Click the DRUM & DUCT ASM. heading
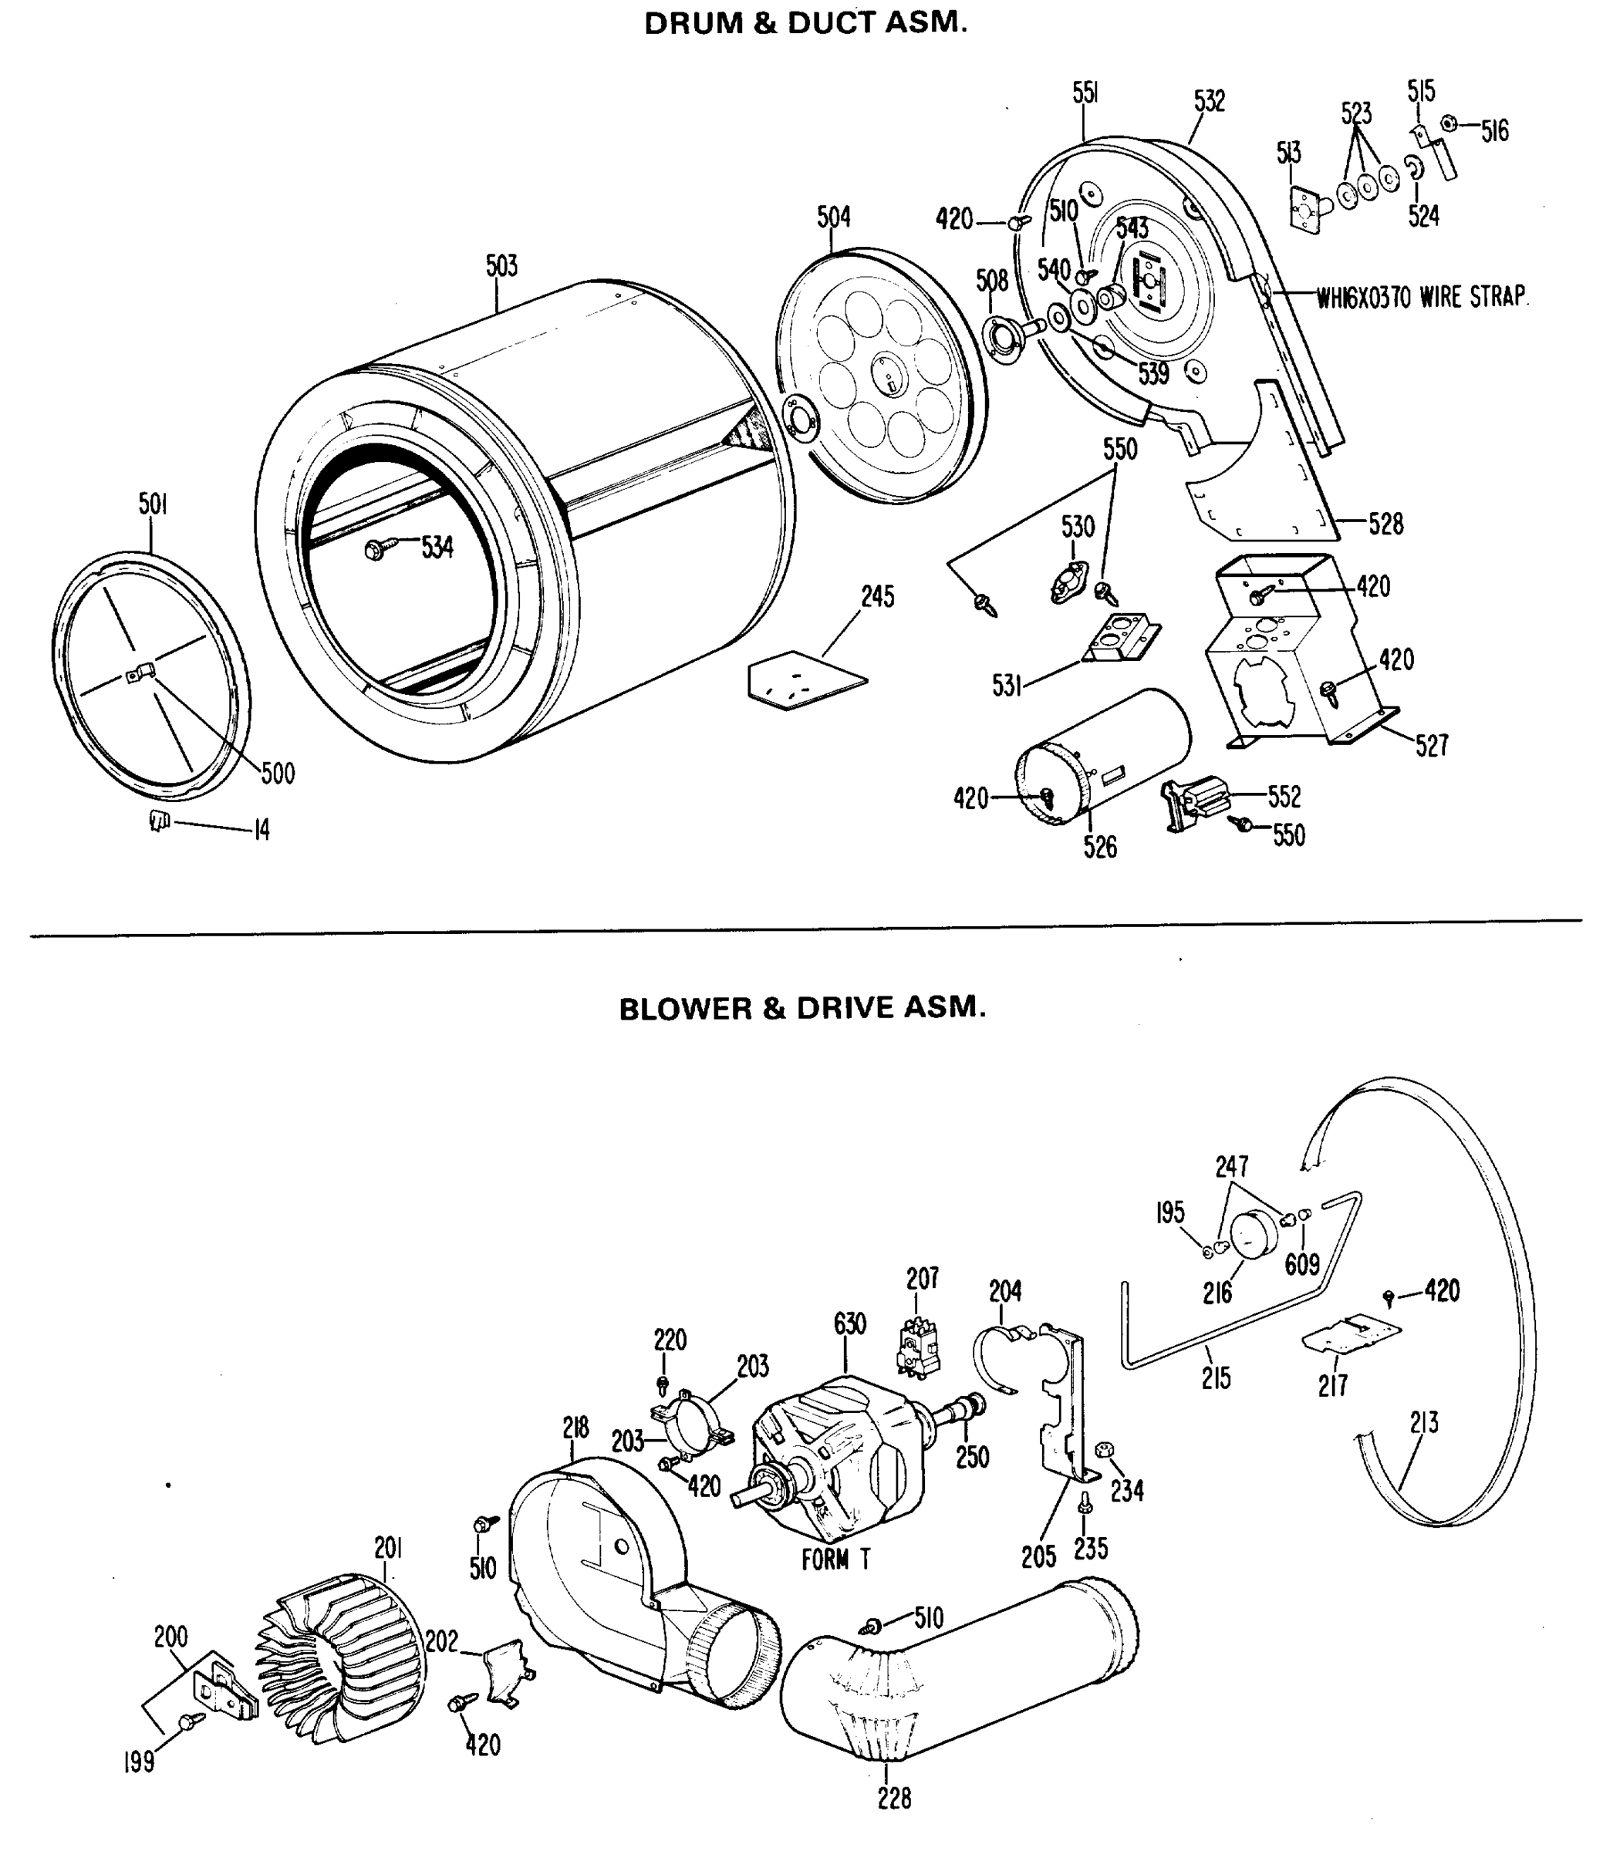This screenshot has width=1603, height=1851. point(805,23)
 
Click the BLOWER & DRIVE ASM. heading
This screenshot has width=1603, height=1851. point(802,1008)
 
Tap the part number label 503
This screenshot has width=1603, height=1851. point(502,265)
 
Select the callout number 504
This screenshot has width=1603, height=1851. point(833,217)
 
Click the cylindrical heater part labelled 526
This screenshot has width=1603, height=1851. point(1105,755)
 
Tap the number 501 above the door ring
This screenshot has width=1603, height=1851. point(153,504)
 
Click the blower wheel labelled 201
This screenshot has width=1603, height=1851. point(340,1656)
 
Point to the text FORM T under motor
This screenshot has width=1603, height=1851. point(835,1560)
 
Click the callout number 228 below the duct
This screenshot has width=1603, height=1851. point(893,1799)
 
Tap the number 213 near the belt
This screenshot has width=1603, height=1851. point(1423,1421)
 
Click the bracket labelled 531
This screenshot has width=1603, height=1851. point(1120,637)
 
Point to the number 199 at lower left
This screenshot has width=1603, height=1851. point(140,1762)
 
